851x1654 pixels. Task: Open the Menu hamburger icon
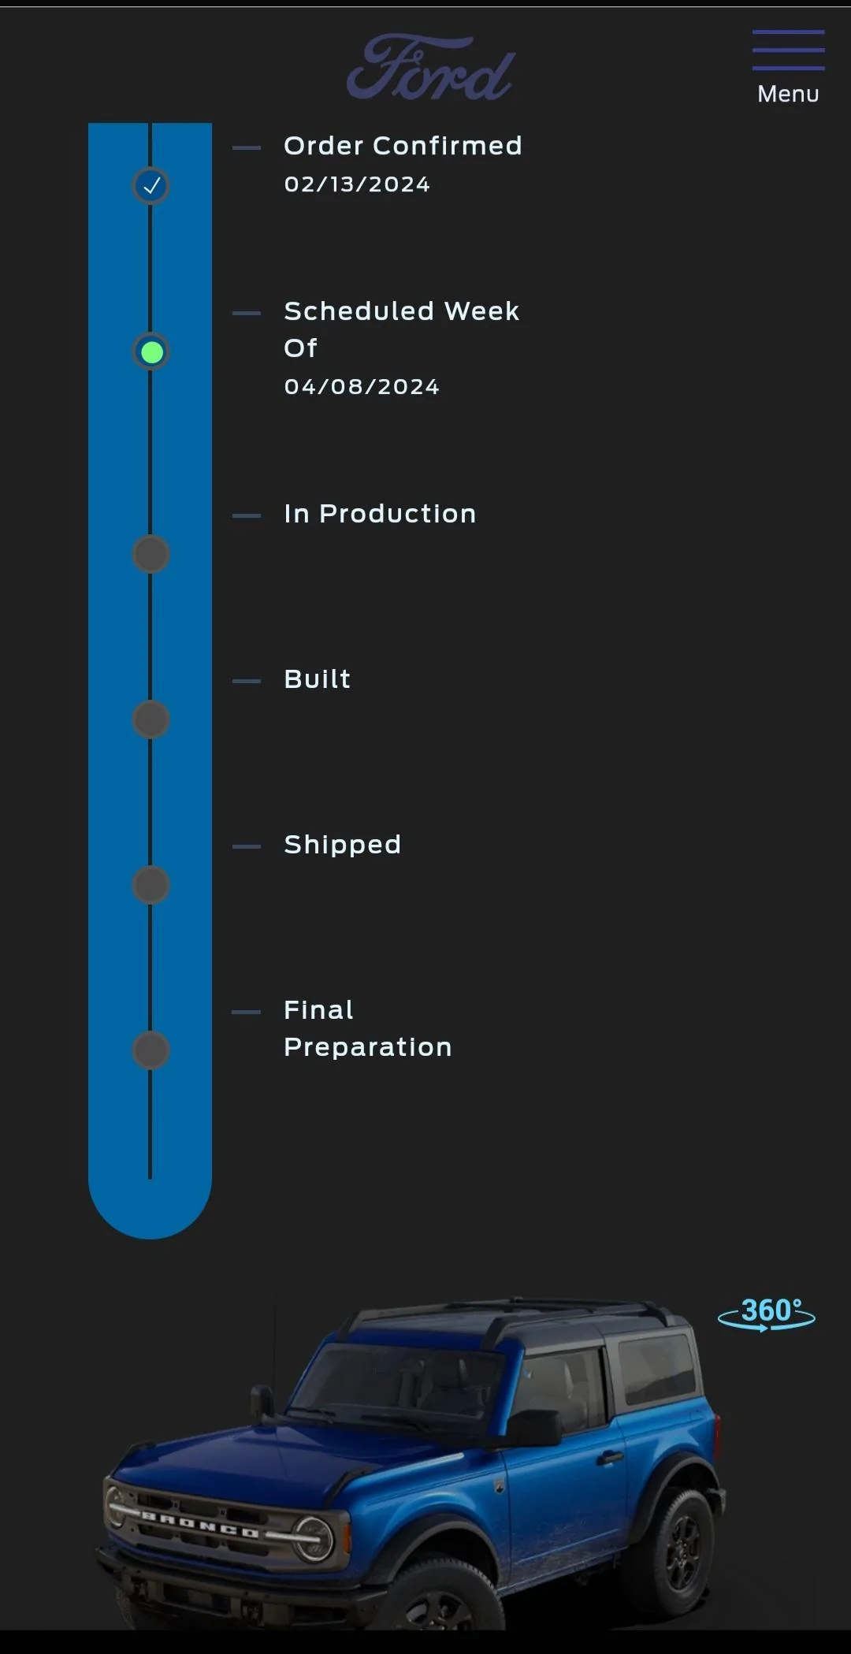(788, 50)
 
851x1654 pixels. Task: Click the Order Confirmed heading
(403, 146)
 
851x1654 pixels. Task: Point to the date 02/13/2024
(357, 184)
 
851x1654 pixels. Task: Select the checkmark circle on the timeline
(151, 186)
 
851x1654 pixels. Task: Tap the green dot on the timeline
(151, 351)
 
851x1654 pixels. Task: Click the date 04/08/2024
(362, 387)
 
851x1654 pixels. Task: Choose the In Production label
(380, 514)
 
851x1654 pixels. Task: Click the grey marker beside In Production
(151, 554)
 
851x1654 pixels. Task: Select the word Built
(317, 679)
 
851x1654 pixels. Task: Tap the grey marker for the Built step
(151, 719)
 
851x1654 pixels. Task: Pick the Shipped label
(342, 846)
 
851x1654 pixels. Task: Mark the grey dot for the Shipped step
(151, 885)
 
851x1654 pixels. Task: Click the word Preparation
(368, 1048)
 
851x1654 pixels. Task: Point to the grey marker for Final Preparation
(151, 1050)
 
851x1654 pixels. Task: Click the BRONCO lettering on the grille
(200, 1525)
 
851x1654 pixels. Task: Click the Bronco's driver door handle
(609, 1457)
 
